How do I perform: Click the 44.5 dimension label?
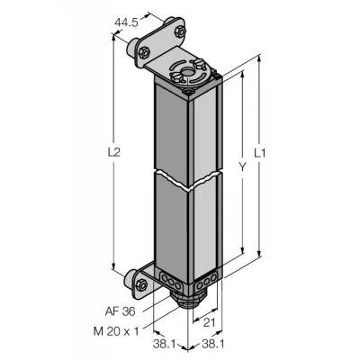pos(126,22)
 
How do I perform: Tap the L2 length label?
pos(113,152)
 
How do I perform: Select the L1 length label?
pos(260,154)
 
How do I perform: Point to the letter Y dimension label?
pos(243,166)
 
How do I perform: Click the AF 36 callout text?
pos(120,311)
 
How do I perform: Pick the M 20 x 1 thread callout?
pos(116,331)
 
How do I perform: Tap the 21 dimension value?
pos(210,323)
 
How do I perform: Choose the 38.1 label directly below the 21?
pos(212,344)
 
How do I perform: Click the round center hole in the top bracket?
pos(188,72)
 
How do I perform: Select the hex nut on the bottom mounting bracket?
pos(141,283)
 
